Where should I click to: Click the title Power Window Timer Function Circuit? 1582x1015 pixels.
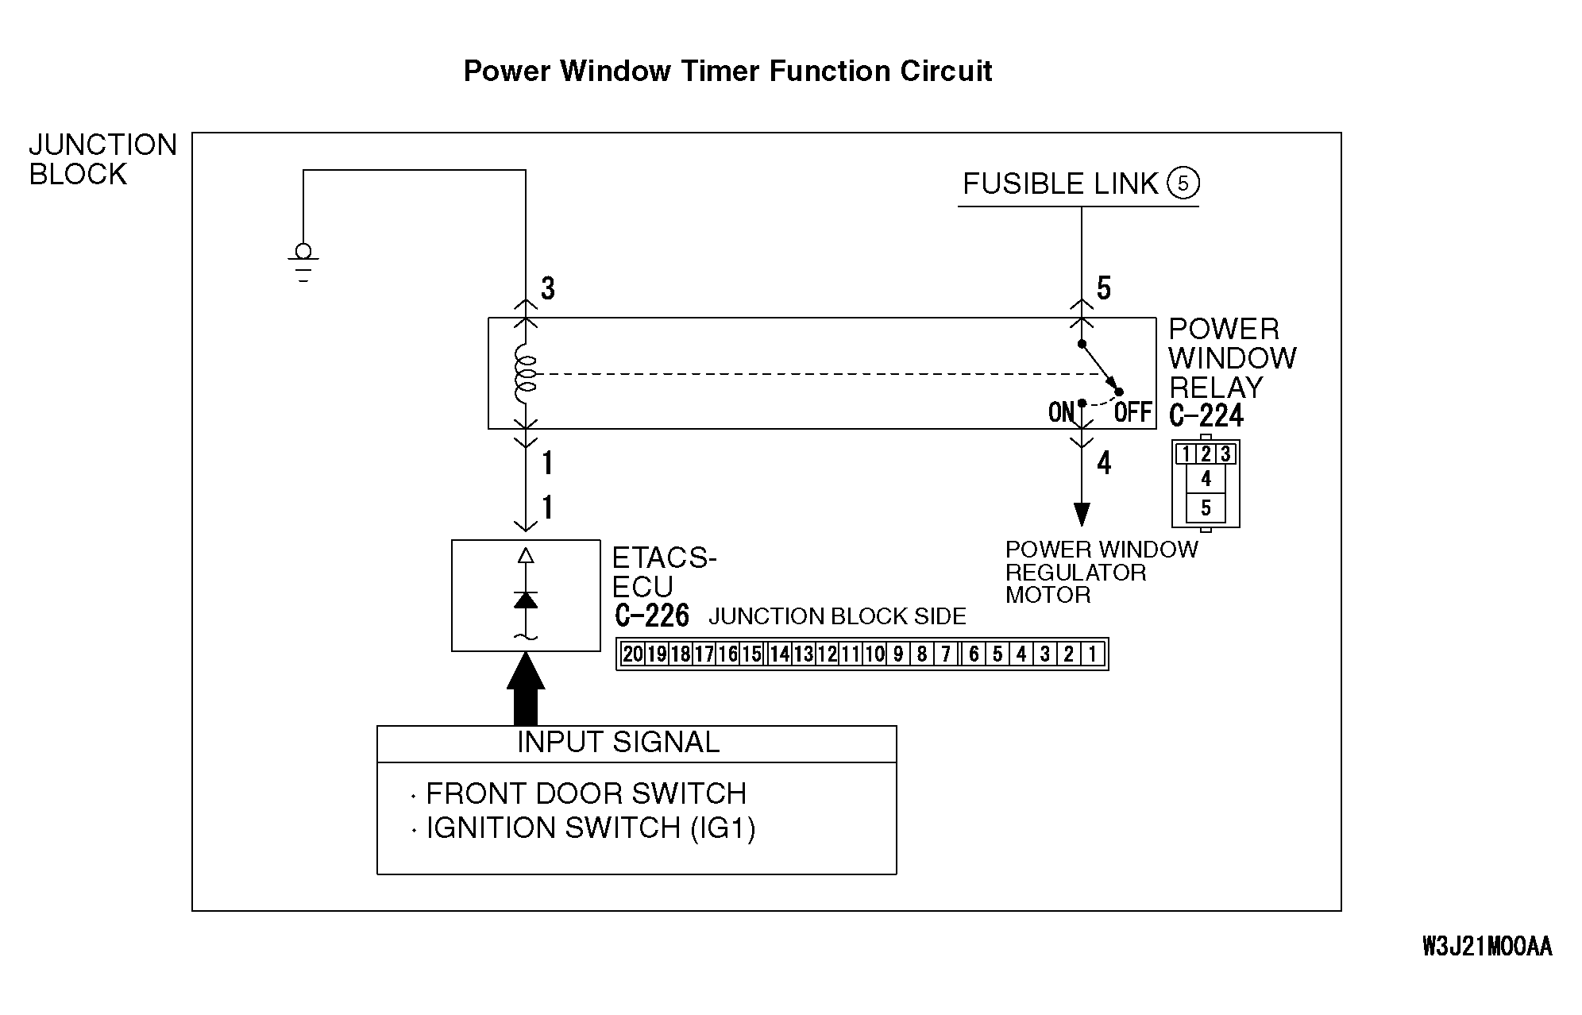click(727, 71)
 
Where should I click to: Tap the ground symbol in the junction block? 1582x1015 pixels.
click(303, 262)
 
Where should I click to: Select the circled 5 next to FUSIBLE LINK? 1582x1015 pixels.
click(1183, 183)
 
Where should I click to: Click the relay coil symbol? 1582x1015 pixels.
click(526, 374)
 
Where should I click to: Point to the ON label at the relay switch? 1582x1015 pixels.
click(1061, 412)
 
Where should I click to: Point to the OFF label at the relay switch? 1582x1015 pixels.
click(1132, 412)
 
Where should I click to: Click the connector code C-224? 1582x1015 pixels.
click(1206, 415)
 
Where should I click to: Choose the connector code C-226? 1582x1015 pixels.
click(652, 616)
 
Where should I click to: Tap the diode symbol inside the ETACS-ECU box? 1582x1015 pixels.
click(526, 600)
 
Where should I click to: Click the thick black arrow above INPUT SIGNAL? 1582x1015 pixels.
click(526, 688)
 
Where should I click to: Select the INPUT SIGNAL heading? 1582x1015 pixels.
click(618, 743)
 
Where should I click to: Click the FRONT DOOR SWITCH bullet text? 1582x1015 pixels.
click(586, 793)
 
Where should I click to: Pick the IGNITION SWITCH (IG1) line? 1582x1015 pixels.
click(591, 828)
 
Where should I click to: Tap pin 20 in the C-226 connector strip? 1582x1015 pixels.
click(633, 654)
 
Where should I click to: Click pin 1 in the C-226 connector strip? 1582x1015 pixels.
click(1093, 654)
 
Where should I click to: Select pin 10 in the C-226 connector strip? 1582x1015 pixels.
click(874, 654)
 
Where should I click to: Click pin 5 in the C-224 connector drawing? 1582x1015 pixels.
click(1206, 507)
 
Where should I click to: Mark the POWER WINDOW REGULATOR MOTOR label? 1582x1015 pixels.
click(1101, 572)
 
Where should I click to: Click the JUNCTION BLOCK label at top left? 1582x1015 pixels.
click(102, 160)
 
